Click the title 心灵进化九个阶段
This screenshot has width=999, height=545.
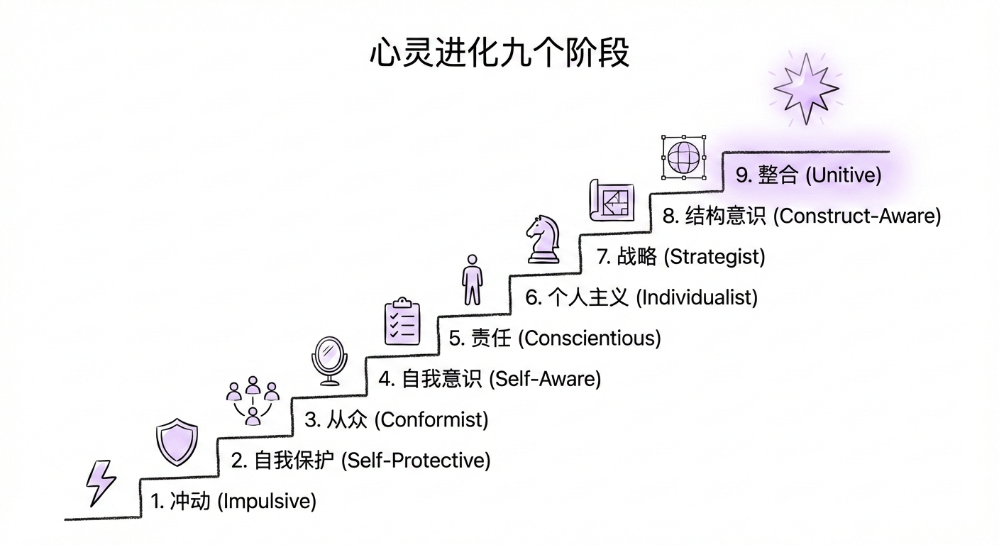click(499, 53)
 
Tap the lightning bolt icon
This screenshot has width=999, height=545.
click(100, 483)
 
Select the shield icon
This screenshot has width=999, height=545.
click(177, 441)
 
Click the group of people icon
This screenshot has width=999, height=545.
click(253, 400)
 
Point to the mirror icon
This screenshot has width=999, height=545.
click(329, 360)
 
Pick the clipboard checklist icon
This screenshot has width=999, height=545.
click(402, 321)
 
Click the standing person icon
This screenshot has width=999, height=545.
click(472, 280)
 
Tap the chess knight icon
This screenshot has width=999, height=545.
click(543, 240)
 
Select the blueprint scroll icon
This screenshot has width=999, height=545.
click(611, 200)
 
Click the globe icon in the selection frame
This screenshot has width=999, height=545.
click(683, 157)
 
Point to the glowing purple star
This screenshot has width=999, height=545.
click(805, 89)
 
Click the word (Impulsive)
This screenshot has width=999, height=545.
click(266, 502)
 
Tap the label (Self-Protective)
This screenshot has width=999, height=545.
click(416, 461)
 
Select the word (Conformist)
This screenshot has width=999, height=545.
click(431, 419)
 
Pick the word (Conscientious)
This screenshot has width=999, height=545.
click(590, 338)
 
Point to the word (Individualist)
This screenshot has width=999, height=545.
click(696, 297)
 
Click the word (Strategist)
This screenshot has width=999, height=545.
click(714, 256)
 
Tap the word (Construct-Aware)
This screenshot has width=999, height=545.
click(856, 216)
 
